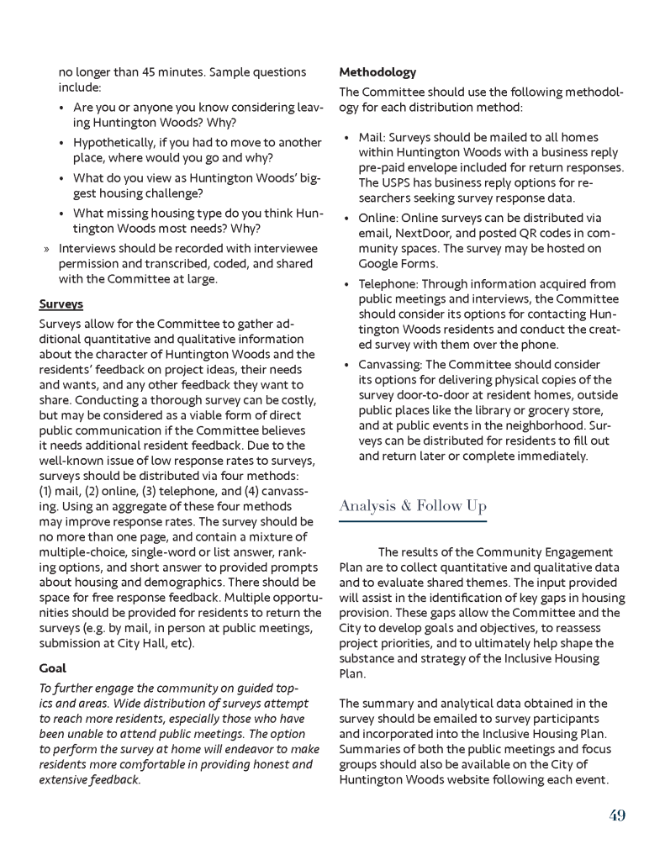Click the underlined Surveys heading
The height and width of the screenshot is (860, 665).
(x=61, y=303)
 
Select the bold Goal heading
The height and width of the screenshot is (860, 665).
(x=54, y=668)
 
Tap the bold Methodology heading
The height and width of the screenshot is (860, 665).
(x=377, y=72)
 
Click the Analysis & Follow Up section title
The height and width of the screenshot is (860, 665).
(x=413, y=505)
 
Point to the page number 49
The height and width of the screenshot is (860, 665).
(x=617, y=815)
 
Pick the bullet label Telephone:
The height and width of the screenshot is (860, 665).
(x=390, y=284)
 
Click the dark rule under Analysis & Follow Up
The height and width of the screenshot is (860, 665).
(x=413, y=522)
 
